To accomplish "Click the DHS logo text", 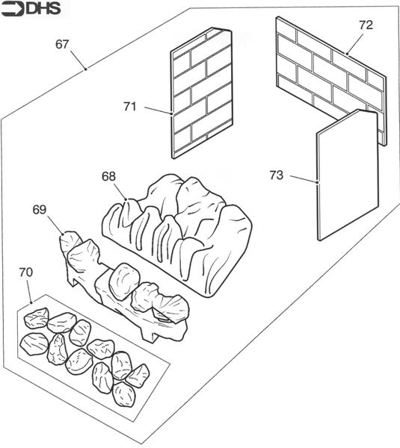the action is point(43,9).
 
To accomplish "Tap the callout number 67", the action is point(62,44).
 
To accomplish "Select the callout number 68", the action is point(108,176).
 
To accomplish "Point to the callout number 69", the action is point(40,210).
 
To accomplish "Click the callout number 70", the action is point(26,272).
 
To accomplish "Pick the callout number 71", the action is point(130,107).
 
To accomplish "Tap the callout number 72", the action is point(366,25).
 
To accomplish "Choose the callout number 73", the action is point(277,175).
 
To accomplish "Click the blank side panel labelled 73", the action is point(348,175).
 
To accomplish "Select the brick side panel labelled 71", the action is point(202,93).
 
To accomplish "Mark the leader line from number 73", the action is point(304,179).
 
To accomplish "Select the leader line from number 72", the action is point(355,44).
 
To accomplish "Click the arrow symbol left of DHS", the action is point(12,10).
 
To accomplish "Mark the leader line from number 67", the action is point(78,60).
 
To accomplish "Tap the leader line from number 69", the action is point(55,225).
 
